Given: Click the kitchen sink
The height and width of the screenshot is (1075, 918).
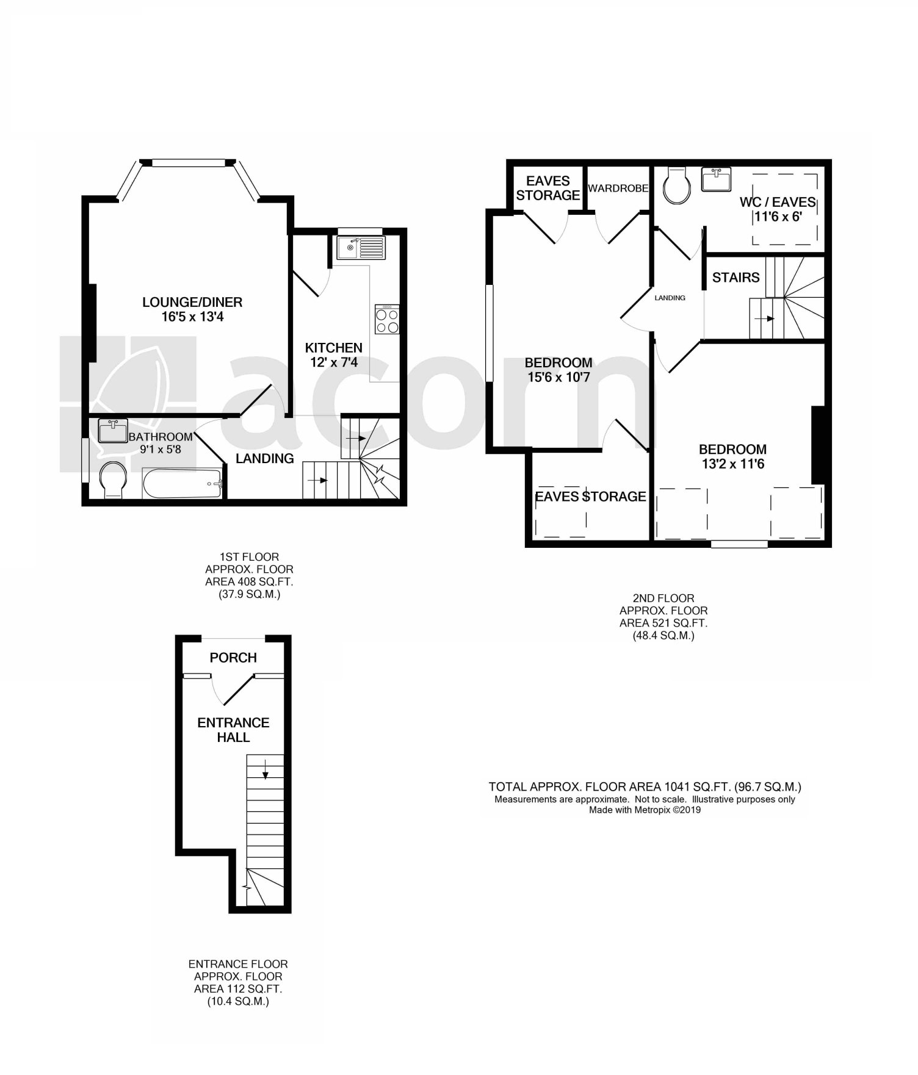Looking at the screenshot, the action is click(360, 248).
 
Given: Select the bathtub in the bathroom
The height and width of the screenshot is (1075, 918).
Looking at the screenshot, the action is click(183, 484).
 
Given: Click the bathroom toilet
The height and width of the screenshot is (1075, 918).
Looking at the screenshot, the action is click(113, 480).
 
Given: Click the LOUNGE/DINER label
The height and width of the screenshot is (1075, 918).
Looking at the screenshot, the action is click(192, 302).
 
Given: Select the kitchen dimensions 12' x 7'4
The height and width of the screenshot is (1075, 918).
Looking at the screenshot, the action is click(333, 362).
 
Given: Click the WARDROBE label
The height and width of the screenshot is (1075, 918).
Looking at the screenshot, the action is click(618, 189).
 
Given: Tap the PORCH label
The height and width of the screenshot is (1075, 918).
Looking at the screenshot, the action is click(233, 658).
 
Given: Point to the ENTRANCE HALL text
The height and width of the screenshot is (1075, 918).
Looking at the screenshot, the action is click(233, 730).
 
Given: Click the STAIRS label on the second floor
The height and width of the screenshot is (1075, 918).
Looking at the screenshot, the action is click(735, 278).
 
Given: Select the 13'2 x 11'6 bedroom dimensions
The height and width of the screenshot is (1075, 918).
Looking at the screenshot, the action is click(732, 464).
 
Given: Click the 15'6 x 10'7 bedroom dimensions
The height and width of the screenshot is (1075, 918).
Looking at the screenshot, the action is click(558, 377).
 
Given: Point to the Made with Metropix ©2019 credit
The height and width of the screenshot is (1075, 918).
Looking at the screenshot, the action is click(645, 810).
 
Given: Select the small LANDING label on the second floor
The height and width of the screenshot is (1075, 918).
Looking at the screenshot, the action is click(670, 298).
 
